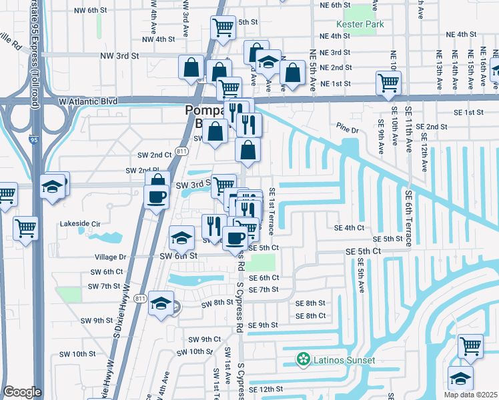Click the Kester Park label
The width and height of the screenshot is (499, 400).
361,24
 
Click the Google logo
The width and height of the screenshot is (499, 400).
22,392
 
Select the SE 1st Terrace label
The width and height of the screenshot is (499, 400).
272,211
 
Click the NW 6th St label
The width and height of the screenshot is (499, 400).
91,10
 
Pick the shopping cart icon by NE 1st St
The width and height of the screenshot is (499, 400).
388,83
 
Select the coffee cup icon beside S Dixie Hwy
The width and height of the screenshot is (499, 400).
157,197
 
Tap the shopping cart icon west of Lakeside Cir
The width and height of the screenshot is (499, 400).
26,228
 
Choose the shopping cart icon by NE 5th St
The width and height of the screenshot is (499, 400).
223,27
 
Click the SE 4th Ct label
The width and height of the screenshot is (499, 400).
350,227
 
